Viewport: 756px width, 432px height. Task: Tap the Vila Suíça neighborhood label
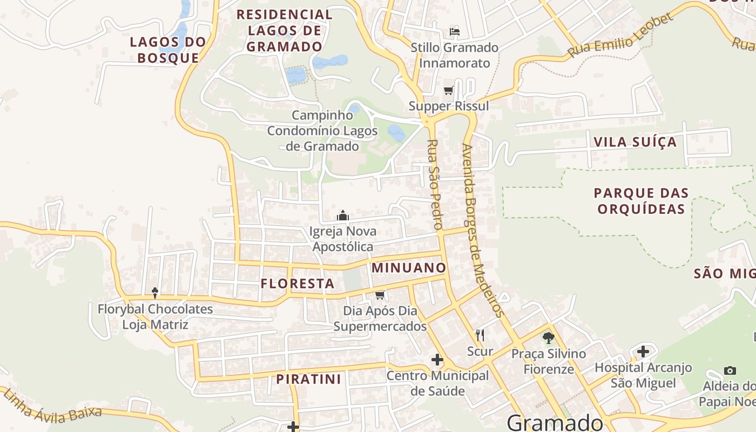coord(634,142)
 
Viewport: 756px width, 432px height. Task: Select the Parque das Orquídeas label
coord(641,201)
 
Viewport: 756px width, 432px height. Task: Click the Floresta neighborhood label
coord(298,283)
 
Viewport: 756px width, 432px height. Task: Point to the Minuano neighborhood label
coord(409,268)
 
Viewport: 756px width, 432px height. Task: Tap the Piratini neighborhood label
coord(309,379)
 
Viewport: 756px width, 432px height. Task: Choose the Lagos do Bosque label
coord(168,50)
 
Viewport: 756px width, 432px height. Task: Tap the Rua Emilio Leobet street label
coord(621,36)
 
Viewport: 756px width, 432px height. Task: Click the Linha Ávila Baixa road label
coord(52,407)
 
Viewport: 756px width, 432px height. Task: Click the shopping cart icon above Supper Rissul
coord(448,90)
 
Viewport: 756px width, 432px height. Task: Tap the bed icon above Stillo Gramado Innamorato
coord(455,31)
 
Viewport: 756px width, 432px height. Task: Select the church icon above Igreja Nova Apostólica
coord(343,216)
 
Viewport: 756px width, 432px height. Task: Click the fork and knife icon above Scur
coord(480,335)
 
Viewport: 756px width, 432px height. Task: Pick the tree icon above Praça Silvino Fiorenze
coord(549,338)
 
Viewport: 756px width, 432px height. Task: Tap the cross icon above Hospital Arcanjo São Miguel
coord(643,352)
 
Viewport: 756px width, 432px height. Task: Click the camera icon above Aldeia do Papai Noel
coord(730,370)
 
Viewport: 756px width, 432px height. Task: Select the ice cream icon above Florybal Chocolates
coord(155,293)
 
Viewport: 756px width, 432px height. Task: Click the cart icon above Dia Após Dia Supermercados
coord(380,295)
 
